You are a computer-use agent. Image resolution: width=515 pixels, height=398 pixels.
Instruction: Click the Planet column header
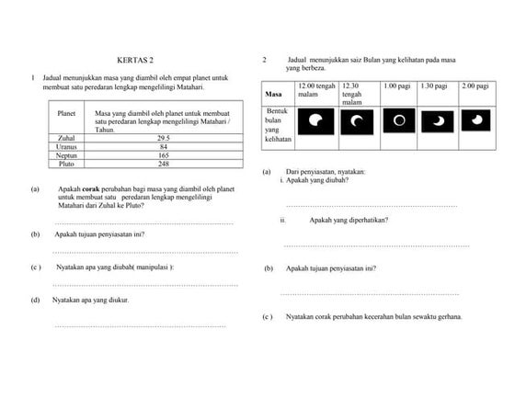[x=66, y=112]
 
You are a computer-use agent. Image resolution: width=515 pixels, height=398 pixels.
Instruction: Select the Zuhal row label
[x=66, y=138]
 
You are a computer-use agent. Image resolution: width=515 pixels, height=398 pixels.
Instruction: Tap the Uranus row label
[x=66, y=146]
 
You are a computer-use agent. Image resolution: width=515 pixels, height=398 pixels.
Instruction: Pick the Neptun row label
[x=66, y=155]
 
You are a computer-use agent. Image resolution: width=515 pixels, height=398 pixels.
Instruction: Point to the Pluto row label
[x=66, y=164]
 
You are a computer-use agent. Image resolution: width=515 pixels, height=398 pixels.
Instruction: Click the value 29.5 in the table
[x=164, y=138]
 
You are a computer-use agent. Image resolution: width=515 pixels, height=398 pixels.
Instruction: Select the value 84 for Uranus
[x=164, y=146]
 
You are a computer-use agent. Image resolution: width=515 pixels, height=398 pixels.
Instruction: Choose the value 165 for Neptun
[x=164, y=155]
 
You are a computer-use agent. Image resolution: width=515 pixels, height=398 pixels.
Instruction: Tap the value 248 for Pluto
[x=164, y=164]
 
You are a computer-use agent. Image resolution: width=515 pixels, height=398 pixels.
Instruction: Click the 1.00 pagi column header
[x=396, y=85]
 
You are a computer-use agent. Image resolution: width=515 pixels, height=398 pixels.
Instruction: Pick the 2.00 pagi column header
[x=475, y=85]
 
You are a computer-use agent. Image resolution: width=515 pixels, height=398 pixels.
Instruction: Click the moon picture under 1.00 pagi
[x=399, y=120]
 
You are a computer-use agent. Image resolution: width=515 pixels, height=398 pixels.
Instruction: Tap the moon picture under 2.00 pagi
[x=476, y=120]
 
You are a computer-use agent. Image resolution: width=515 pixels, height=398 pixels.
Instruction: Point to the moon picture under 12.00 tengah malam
[x=316, y=120]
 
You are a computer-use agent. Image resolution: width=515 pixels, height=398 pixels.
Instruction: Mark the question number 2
[x=264, y=60]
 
